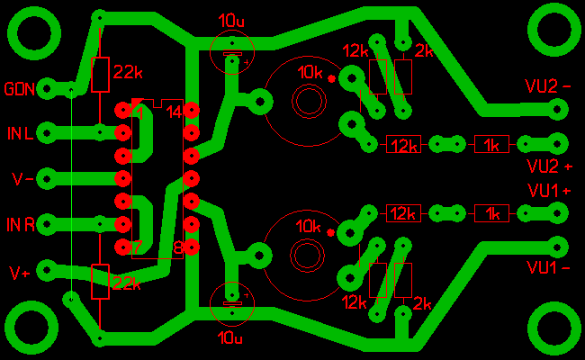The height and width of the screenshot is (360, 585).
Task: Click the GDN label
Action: point(20,89)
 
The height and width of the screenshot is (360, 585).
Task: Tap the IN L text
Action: point(22,134)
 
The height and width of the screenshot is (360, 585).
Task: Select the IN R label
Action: point(22,224)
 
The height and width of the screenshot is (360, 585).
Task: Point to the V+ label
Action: point(19,271)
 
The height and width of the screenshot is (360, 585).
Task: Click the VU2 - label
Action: point(548,86)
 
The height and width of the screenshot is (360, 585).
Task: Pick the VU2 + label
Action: point(549,166)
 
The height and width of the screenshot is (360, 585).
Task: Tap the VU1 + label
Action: point(549,191)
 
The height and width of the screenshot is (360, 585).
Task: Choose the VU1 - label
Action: point(548,268)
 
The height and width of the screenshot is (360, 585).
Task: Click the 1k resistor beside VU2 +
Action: point(491,144)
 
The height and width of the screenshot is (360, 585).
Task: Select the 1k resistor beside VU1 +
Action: point(491,213)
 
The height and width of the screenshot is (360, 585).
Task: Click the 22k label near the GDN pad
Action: point(127,71)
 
